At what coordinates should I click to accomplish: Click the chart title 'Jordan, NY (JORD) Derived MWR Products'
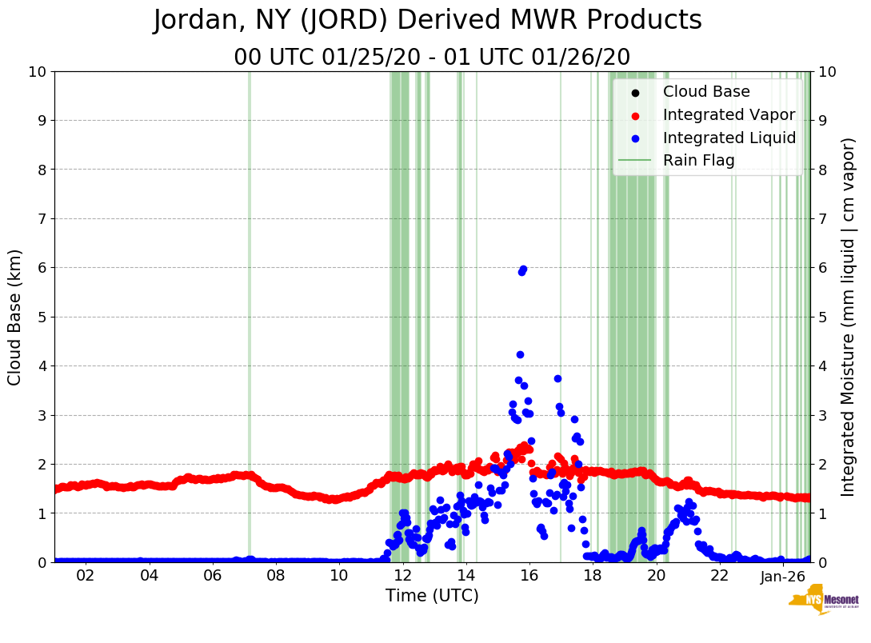428,21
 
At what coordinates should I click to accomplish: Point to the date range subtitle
432,58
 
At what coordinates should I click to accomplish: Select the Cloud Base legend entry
706,91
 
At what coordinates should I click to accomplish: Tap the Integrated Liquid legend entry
729,138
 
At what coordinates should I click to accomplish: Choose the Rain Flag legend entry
698,161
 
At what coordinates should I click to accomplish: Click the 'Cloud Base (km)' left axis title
15,317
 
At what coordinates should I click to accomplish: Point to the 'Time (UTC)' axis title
432,596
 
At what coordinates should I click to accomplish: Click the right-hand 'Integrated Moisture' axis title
849,317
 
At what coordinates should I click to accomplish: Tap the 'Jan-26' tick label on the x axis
782,577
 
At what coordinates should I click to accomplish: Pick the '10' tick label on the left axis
37,72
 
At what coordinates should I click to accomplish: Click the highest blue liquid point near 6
523,269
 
